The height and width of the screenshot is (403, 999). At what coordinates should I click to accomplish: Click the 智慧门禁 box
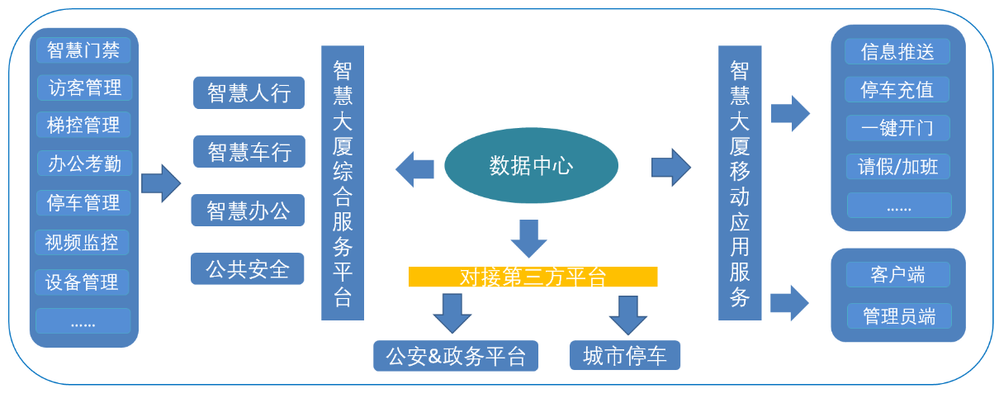(x=83, y=50)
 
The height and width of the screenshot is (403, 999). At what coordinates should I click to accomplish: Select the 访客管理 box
(x=84, y=88)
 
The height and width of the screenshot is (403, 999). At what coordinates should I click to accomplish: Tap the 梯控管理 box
(x=83, y=125)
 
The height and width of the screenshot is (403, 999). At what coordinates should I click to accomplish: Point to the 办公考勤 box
(x=83, y=164)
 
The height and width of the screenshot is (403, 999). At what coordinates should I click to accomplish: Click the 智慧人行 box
(x=249, y=92)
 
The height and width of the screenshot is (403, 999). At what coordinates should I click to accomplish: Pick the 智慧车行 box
(x=249, y=152)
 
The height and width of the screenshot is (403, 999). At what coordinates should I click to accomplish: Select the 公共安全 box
(x=248, y=269)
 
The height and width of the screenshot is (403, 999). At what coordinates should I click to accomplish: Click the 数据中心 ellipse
(x=531, y=166)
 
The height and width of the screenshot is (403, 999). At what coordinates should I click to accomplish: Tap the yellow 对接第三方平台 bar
(x=533, y=277)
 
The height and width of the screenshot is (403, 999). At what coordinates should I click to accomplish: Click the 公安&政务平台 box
(x=456, y=356)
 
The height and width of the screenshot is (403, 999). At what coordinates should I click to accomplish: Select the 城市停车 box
(x=625, y=356)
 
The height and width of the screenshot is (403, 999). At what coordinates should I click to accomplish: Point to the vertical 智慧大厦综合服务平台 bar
(x=343, y=183)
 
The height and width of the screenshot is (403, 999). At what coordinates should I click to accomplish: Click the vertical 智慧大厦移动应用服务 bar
(x=740, y=183)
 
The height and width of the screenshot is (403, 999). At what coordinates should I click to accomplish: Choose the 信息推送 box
(x=897, y=52)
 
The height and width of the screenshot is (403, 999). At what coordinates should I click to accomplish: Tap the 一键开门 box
(x=897, y=128)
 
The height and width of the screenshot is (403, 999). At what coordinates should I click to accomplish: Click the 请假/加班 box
(x=897, y=166)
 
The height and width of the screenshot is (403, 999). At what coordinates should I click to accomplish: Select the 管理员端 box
(x=898, y=315)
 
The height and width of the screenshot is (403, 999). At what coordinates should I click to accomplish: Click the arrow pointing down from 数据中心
(x=528, y=239)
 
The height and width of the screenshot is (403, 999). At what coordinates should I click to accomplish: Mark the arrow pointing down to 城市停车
(x=628, y=314)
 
